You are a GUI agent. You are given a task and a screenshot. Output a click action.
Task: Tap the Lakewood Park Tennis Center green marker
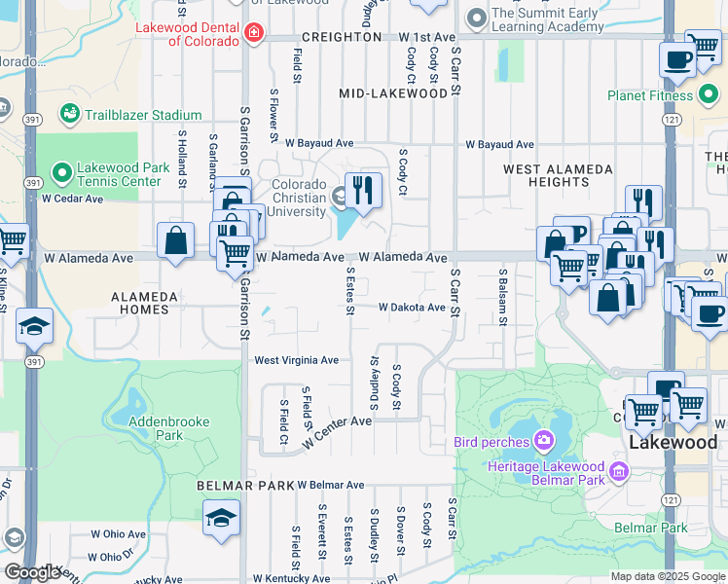tap(62, 173)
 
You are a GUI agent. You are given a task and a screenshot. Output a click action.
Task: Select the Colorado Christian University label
tap(285, 199)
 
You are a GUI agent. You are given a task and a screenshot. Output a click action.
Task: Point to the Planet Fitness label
tap(650, 95)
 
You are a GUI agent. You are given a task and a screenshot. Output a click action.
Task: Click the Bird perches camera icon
tap(543, 442)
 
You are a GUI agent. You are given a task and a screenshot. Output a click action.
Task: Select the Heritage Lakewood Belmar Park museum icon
tap(617, 474)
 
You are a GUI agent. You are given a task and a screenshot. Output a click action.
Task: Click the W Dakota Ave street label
tap(412, 308)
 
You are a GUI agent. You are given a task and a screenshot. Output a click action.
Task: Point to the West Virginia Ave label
tap(296, 360)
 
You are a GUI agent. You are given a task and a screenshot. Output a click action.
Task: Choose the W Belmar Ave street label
tap(330, 485)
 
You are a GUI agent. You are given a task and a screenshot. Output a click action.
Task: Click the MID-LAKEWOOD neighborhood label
tap(399, 93)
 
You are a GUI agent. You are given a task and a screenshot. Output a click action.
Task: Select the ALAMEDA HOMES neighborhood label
tap(145, 303)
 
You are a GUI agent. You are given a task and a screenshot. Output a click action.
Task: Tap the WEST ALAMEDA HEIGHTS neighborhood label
tap(559, 175)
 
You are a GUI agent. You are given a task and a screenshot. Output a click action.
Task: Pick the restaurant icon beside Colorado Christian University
tap(363, 190)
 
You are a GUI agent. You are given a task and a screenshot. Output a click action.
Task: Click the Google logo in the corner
tap(32, 571)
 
